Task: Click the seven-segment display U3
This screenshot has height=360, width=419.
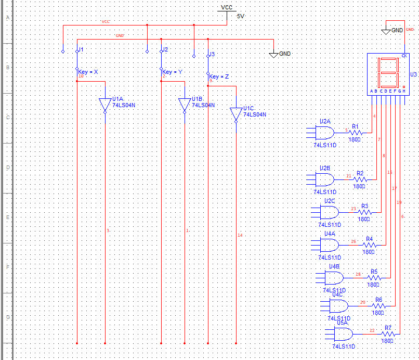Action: [388, 73]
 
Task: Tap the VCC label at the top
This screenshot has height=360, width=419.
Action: [227, 7]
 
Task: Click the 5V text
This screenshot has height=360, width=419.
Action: [240, 16]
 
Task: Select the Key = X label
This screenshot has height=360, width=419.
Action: [88, 72]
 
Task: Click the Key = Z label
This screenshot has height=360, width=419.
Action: [219, 76]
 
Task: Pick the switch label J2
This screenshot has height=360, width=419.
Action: [164, 50]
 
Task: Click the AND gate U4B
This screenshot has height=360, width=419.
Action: [335, 275]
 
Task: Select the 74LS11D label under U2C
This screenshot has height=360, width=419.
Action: [330, 225]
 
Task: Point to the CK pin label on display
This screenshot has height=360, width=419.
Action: [404, 56]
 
